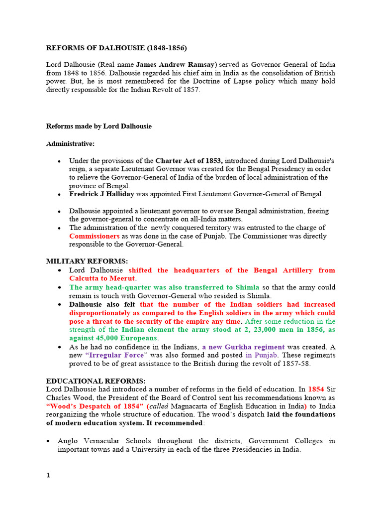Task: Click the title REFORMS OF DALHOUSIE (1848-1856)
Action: [x=117, y=48]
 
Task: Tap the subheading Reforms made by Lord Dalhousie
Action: [x=99, y=127]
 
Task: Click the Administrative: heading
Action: [x=70, y=144]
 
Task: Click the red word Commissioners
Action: [x=95, y=236]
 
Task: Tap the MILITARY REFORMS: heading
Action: [x=87, y=261]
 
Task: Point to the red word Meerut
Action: [x=122, y=278]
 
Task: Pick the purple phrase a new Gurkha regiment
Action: [x=243, y=347]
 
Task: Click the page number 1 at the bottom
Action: [x=48, y=476]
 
